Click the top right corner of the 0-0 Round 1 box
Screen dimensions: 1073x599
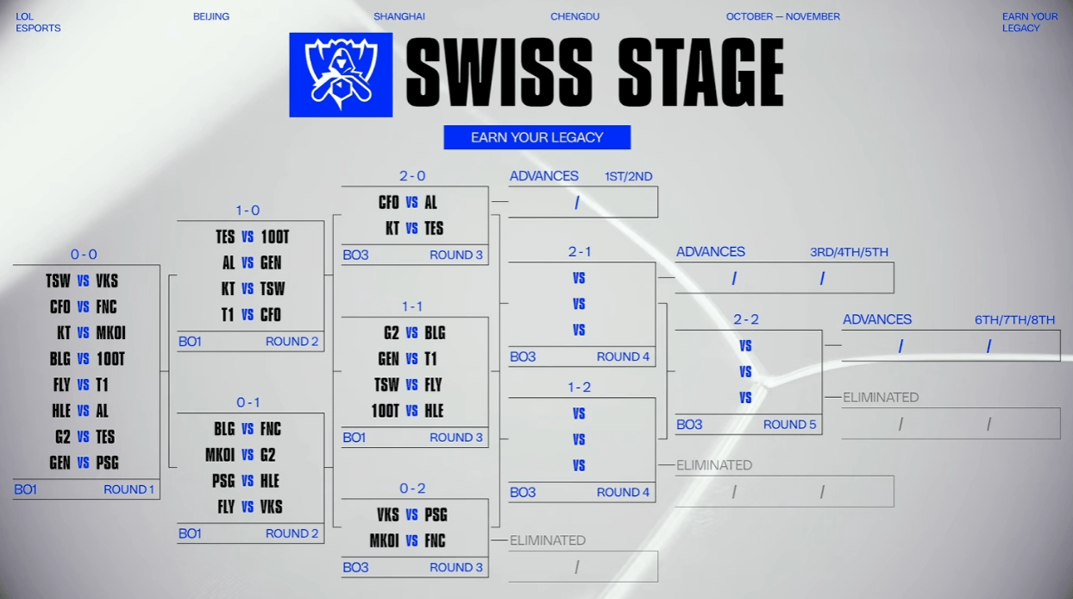(x=160, y=265)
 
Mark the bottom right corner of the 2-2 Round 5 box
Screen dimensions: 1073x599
(x=822, y=434)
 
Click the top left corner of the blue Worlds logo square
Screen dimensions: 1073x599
(x=289, y=33)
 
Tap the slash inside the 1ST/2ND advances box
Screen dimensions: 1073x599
(x=577, y=203)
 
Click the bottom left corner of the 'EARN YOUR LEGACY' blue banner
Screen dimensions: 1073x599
(x=444, y=149)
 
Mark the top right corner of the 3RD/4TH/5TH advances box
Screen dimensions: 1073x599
(x=894, y=262)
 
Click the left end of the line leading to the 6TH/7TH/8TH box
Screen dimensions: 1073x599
(x=825, y=345)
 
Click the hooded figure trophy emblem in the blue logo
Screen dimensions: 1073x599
(x=341, y=75)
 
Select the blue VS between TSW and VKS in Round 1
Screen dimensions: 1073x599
(x=84, y=281)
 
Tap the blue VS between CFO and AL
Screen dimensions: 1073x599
(x=412, y=203)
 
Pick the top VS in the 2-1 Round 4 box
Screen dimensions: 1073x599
(x=579, y=278)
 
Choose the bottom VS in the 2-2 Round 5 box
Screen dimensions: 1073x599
(x=745, y=397)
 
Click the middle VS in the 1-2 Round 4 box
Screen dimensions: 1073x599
(x=579, y=439)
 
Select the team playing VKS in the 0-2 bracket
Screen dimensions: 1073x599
(x=436, y=514)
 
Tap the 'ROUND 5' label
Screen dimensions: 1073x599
(x=789, y=425)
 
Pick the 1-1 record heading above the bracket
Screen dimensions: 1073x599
(x=412, y=306)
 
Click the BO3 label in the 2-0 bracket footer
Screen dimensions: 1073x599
(x=355, y=255)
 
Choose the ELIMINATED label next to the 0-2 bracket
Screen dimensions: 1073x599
(x=548, y=540)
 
